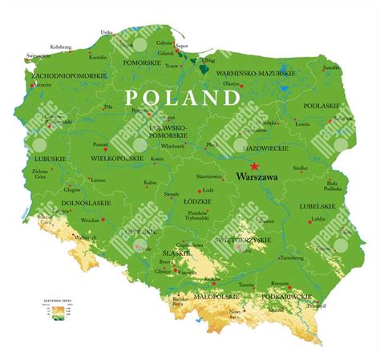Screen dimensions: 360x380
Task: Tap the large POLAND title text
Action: click(x=183, y=98)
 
